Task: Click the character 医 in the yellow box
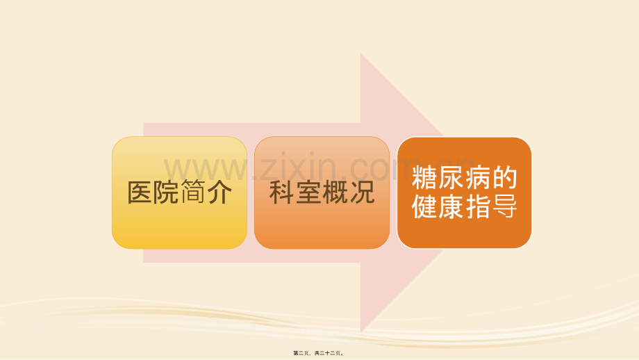tap(140, 193)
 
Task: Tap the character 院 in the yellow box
tap(167, 193)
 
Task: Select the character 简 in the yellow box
tap(192, 193)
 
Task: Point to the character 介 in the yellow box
tap(219, 193)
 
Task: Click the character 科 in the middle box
tap(283, 193)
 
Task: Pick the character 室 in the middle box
tap(309, 193)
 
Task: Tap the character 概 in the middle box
tap(335, 193)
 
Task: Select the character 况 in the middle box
tap(362, 193)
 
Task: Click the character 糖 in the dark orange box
tap(425, 179)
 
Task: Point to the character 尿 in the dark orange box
tap(451, 179)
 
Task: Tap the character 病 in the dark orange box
tap(478, 179)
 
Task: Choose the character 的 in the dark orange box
tap(504, 179)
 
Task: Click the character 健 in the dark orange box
tap(425, 206)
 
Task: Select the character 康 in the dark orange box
tap(451, 206)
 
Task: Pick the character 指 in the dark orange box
tap(478, 206)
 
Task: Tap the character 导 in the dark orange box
tap(504, 206)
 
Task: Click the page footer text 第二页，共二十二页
tap(319, 353)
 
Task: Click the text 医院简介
tap(179, 193)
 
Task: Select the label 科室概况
tap(322, 193)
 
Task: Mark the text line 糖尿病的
tap(465, 179)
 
